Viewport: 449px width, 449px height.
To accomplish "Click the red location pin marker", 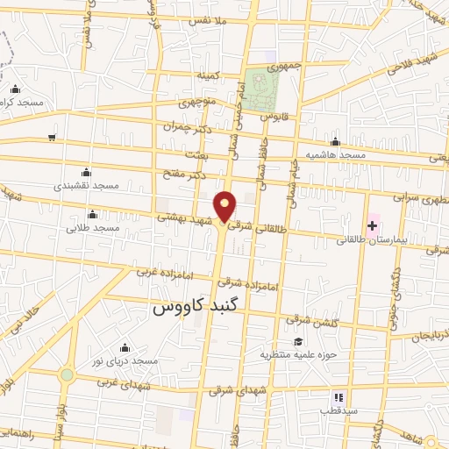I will pyautogui.click(x=226, y=206).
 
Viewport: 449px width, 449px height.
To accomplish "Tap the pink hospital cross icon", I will pyautogui.click(x=373, y=226).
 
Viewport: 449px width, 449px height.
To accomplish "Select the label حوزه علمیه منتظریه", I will pyautogui.click(x=298, y=355).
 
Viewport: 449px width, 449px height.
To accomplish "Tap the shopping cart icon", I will pyautogui.click(x=53, y=138).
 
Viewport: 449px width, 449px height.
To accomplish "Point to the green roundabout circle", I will pyautogui.click(x=67, y=375).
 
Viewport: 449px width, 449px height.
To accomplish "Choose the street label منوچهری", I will pyautogui.click(x=197, y=103).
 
